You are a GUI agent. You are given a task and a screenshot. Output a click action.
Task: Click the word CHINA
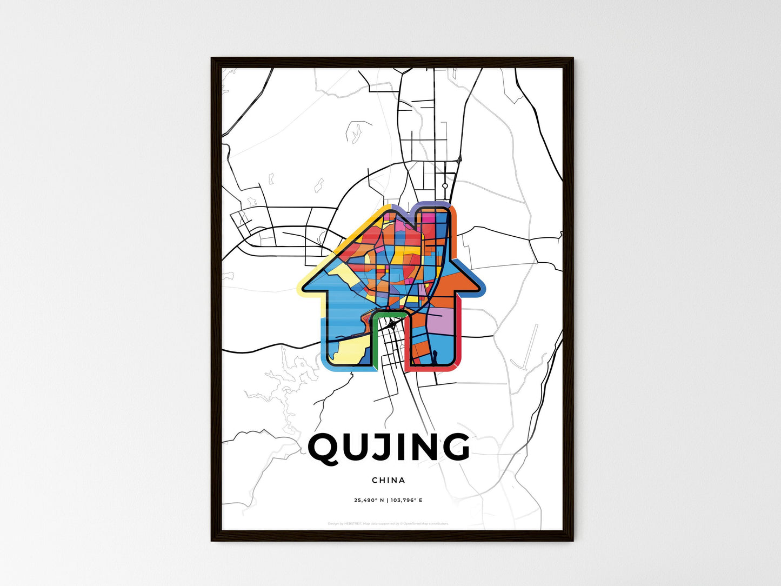point(388,480)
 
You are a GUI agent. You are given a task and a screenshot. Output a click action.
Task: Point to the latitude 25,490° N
point(369,500)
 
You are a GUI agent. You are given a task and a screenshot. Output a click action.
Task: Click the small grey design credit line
point(388,523)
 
